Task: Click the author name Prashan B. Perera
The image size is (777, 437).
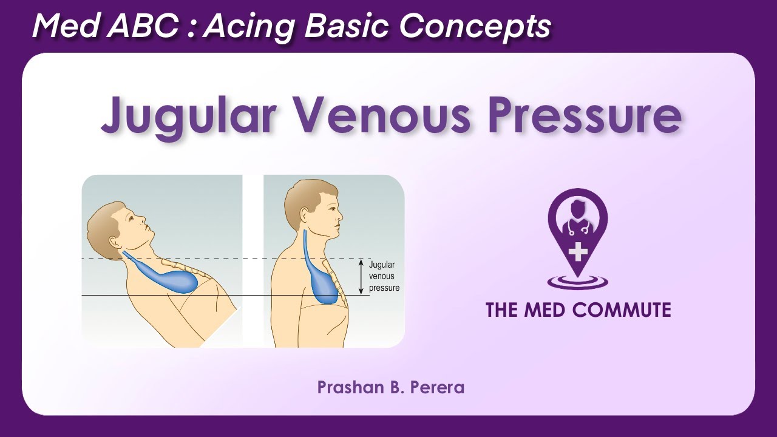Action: pos(390,387)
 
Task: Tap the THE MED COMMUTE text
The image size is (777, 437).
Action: pos(578,310)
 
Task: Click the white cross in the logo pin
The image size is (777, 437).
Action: pos(578,251)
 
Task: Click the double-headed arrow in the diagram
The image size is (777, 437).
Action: pos(361,277)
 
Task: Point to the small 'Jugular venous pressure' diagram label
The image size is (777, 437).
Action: pos(384,277)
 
